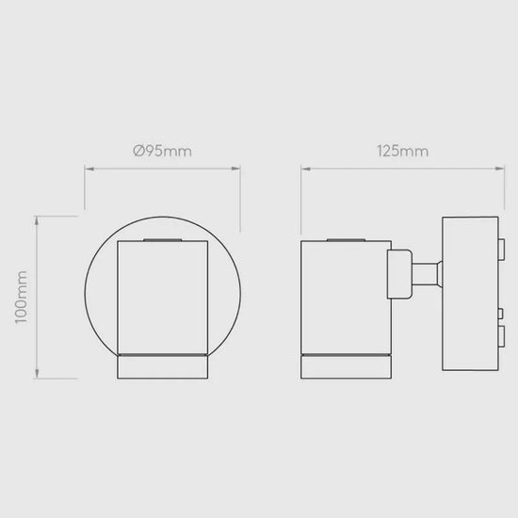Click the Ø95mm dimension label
point(162,152)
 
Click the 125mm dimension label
point(403,152)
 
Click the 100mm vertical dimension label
point(22,297)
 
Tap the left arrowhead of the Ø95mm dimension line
point(89,169)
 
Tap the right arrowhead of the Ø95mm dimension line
point(235,169)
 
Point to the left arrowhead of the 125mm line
point(306,169)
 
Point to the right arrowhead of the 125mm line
point(499,169)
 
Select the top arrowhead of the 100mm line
point(37,221)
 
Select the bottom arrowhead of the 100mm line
point(37,373)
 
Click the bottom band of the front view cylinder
point(163,367)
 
